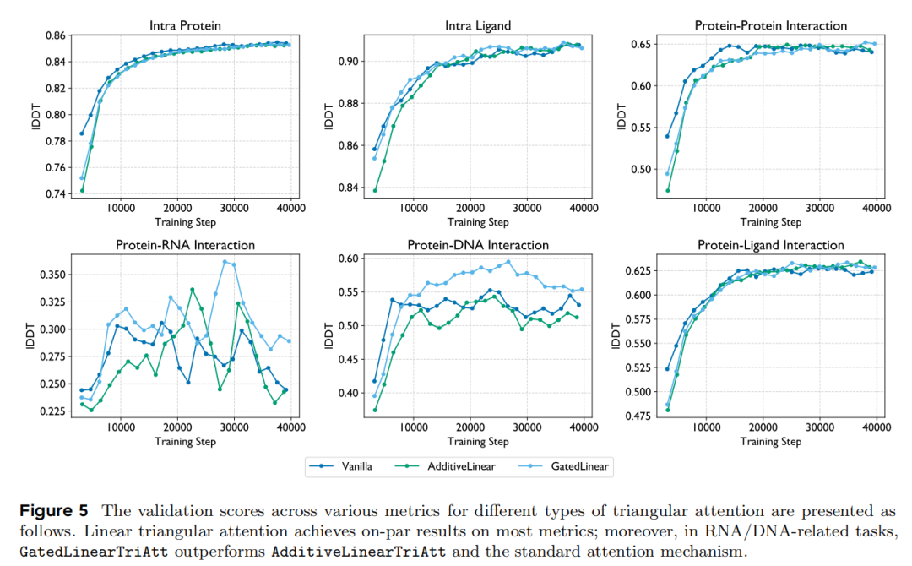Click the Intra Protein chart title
pos(184,25)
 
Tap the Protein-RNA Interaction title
pos(185,245)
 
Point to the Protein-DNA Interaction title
pos(477,245)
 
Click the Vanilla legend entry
pos(350,465)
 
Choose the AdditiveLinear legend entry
pos(456,465)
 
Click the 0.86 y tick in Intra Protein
pos(53,35)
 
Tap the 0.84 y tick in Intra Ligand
pos(346,188)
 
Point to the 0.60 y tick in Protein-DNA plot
pos(346,259)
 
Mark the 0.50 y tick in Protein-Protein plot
pos(638,169)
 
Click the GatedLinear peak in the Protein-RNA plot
pos(225,262)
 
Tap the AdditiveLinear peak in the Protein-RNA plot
pos(193,290)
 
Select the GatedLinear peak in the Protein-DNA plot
pos(508,262)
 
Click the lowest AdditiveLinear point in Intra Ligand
pos(375,191)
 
